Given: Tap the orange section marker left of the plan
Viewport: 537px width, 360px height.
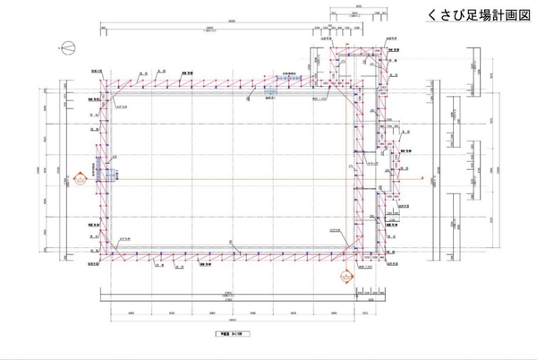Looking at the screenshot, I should coord(79,178).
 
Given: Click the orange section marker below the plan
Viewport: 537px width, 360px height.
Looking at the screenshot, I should coord(345,275).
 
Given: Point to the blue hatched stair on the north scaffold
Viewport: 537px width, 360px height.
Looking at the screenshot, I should coord(285,82).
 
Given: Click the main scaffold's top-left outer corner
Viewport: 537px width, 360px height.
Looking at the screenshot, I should coord(100,79).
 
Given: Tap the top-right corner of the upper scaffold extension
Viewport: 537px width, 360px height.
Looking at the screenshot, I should coord(390,49).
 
